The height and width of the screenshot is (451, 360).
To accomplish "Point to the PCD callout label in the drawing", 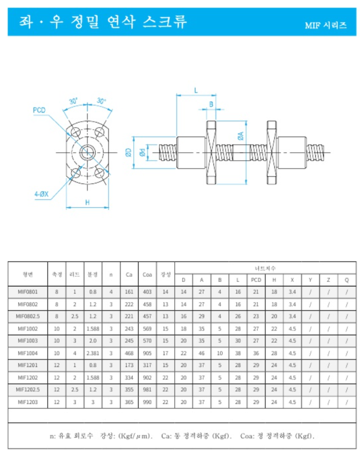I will click(39, 110).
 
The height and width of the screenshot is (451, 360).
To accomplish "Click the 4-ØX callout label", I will click(41, 194).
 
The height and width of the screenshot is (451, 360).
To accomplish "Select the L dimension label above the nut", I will click(196, 90).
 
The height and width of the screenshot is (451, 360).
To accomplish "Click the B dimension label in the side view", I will click(211, 104).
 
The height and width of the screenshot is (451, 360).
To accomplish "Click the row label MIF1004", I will click(28, 353).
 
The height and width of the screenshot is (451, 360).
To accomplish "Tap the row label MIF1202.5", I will click(28, 389).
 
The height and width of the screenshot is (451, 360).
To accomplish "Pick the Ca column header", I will click(129, 274).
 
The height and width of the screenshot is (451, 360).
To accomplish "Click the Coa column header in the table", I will click(147, 274).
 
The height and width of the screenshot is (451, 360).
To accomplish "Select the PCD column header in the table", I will click(256, 280).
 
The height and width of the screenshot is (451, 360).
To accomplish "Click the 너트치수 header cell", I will click(265, 268).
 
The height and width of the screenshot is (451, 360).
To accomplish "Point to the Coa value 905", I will click(147, 353).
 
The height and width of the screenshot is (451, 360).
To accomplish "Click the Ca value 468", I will click(129, 353).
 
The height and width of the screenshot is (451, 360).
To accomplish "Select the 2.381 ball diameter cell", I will click(92, 353).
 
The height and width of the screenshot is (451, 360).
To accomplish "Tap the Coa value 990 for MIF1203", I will click(147, 401).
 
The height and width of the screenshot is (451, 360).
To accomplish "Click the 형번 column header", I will click(28, 274).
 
